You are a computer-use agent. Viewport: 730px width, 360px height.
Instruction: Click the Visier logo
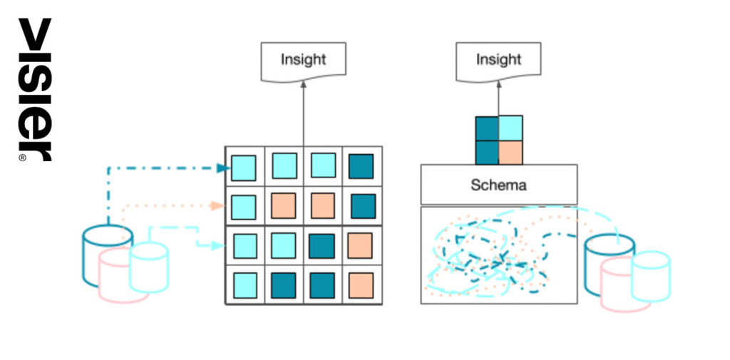[x=35, y=88]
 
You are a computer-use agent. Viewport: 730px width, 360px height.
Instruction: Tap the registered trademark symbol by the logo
[x=22, y=158]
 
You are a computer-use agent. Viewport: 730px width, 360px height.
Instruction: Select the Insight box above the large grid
[x=304, y=62]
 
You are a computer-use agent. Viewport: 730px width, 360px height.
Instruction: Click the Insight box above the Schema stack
[x=498, y=62]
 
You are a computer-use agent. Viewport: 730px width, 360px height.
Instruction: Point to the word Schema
[x=498, y=185]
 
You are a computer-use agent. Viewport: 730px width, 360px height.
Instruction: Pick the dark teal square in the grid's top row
[x=361, y=166]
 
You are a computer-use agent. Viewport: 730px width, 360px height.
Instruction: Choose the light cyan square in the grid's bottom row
[x=245, y=285]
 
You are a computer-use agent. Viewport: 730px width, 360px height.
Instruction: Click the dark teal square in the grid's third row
[x=322, y=246]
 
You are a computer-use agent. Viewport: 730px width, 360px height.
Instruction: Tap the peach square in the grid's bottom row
[x=361, y=285]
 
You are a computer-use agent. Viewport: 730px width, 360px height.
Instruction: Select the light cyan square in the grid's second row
[x=244, y=207]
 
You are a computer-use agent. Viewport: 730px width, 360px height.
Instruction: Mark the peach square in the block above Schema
[x=510, y=153]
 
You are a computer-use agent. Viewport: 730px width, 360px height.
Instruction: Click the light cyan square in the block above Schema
[x=510, y=128]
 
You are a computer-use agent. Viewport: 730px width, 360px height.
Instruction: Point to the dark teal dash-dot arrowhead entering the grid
[x=224, y=168]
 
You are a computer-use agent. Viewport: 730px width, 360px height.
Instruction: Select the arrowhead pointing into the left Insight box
[x=304, y=84]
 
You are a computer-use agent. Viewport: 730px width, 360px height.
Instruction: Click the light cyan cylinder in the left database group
[x=148, y=267]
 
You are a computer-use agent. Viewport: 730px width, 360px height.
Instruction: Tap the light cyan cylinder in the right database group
[x=650, y=277]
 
